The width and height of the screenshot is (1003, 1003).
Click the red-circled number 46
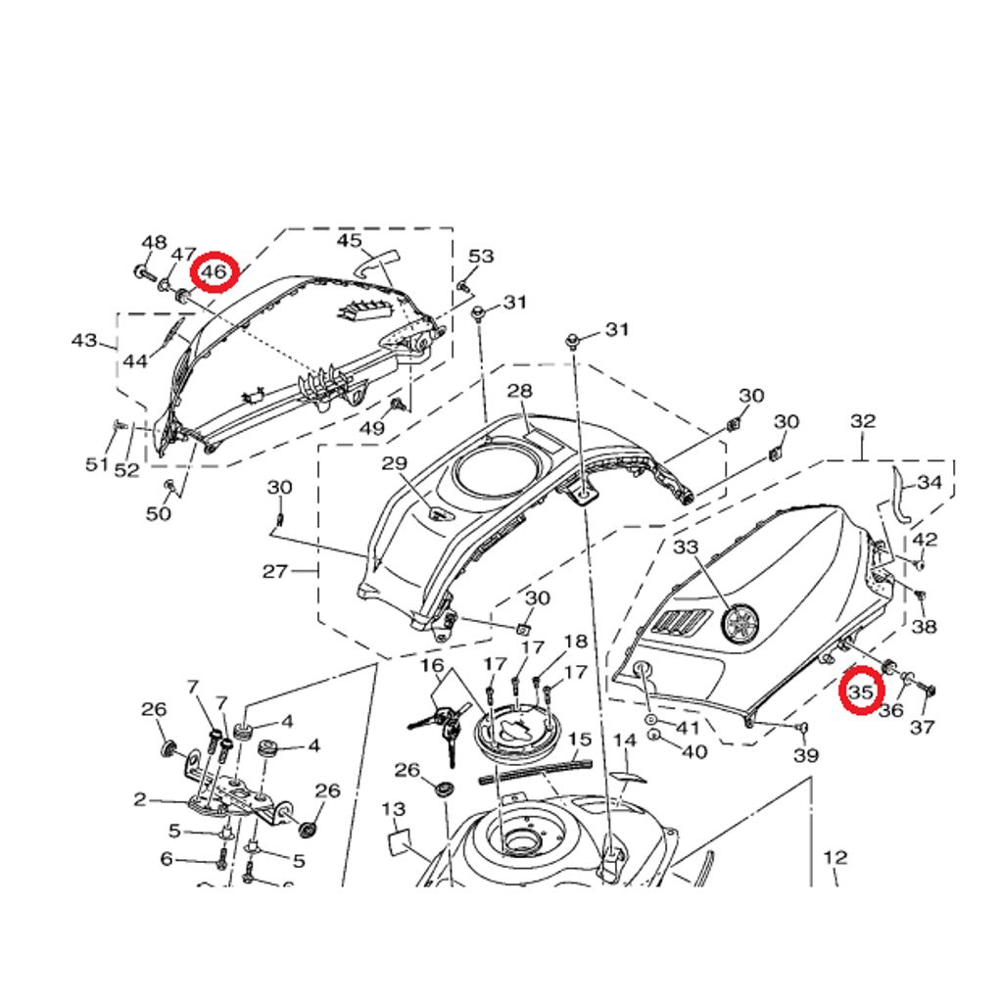click(x=214, y=272)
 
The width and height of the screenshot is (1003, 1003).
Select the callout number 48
click(x=154, y=243)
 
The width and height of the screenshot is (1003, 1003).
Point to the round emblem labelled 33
click(x=741, y=623)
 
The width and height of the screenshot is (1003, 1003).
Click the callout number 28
click(x=519, y=391)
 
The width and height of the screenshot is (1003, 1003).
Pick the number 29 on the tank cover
click(x=394, y=462)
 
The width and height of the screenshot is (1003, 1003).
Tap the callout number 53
click(x=481, y=257)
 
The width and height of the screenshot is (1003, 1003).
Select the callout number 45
click(x=350, y=240)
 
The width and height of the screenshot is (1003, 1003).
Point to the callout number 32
click(x=863, y=421)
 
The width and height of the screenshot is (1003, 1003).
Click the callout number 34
click(x=930, y=482)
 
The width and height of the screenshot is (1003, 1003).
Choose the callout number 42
click(x=925, y=540)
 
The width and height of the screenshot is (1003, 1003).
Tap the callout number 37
click(x=923, y=727)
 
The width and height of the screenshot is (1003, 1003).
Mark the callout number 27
click(x=274, y=571)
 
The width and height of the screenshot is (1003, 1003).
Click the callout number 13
click(x=394, y=809)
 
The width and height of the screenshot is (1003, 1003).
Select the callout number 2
click(x=140, y=799)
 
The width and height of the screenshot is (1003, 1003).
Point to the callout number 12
click(x=835, y=858)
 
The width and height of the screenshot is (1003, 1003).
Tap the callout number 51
click(x=96, y=464)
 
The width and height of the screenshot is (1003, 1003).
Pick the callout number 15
click(x=580, y=740)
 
